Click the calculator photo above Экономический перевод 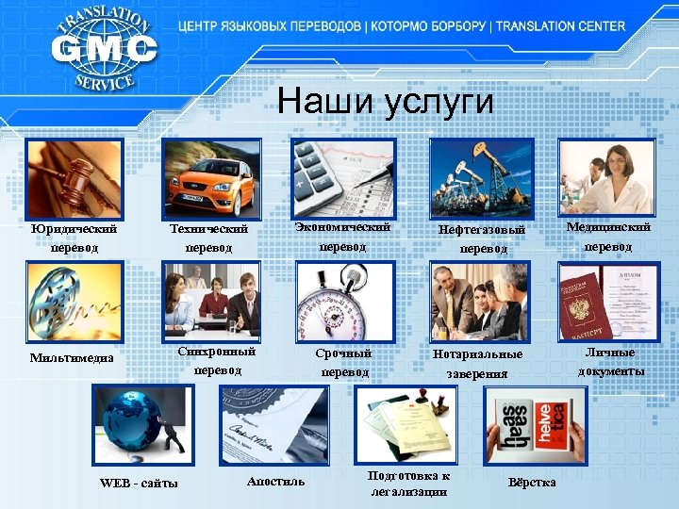point(342,177)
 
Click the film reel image point(75,302)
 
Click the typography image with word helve point(534,425)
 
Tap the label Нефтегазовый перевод point(482,238)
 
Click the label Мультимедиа point(72,357)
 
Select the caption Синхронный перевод point(217,361)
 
